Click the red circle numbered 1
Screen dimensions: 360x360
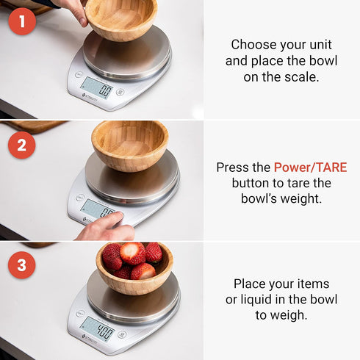coord(22,21)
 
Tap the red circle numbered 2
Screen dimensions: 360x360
coord(22,144)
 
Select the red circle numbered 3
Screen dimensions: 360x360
coord(22,265)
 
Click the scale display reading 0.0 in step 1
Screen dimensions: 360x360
coord(96,88)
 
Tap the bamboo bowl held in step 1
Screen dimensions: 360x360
coord(121,18)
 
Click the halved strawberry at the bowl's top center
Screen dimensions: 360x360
coord(132,253)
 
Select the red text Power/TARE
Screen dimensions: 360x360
coord(310,168)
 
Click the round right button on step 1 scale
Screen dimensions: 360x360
coord(120,92)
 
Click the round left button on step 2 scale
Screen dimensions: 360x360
coord(79,197)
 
